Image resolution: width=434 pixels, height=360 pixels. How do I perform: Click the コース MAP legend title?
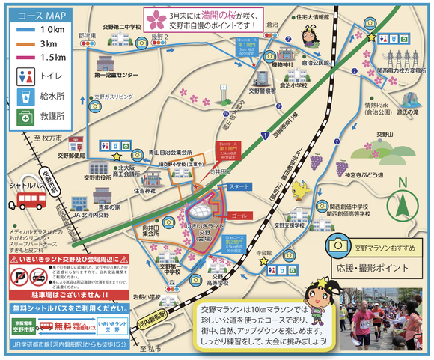coord(36,15)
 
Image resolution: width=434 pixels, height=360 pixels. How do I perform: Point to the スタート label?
coord(239,186)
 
